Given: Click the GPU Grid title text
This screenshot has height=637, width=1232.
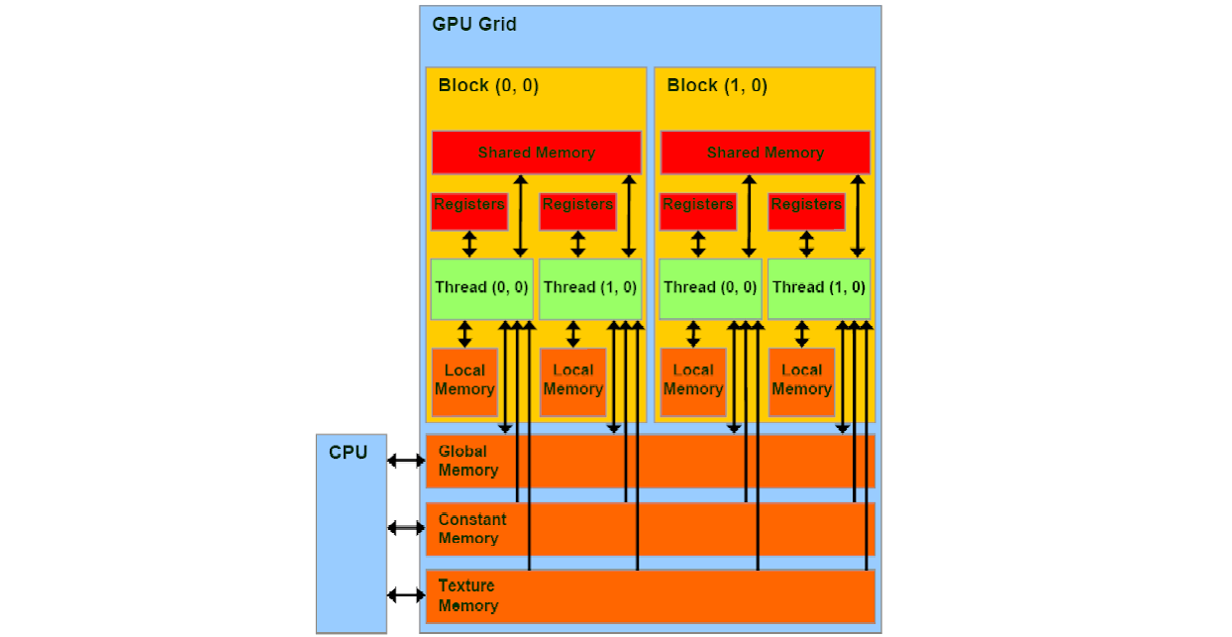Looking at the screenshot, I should tap(474, 24).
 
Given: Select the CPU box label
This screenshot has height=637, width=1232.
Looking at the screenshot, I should tap(348, 453).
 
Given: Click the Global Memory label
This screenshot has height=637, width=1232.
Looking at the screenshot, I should tap(467, 461).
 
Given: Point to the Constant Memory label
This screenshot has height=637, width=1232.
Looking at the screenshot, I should tap(471, 529).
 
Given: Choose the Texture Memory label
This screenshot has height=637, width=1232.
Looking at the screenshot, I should tap(467, 595).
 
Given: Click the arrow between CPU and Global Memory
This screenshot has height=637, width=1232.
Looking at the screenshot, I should tap(406, 460).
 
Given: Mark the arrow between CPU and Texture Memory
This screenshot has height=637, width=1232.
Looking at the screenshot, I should tap(406, 594).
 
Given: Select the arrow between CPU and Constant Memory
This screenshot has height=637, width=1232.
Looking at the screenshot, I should tap(406, 527).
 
